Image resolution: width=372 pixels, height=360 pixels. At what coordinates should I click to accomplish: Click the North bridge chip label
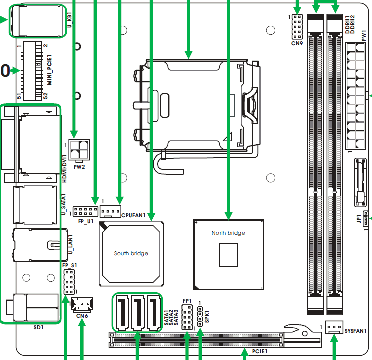[x=228, y=233]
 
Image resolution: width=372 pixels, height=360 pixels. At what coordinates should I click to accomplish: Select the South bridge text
[x=131, y=253]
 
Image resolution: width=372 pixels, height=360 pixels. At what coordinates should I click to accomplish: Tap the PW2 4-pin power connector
[x=79, y=149]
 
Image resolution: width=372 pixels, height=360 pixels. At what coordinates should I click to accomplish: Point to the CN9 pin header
[x=297, y=27]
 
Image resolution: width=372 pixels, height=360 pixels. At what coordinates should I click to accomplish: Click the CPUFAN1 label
[x=133, y=215]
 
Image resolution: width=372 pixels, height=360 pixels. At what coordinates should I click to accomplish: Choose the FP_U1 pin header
[x=85, y=211]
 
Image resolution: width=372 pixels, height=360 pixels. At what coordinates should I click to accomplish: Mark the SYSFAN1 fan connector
[x=334, y=327]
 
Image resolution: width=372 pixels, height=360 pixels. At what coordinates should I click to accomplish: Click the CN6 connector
[x=82, y=305]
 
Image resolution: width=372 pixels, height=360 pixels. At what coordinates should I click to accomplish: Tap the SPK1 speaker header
[x=200, y=317]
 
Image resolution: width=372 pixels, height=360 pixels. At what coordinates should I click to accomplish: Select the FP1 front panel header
[x=187, y=317]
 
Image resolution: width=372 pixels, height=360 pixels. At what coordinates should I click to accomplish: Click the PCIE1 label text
[x=260, y=351]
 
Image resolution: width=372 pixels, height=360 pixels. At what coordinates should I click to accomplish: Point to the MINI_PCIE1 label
[x=49, y=70]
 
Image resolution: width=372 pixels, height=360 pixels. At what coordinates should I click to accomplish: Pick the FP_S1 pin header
[x=69, y=282]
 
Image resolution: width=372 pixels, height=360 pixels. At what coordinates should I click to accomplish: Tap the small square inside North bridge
[x=228, y=255]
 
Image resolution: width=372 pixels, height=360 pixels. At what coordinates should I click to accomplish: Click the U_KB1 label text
[x=69, y=20]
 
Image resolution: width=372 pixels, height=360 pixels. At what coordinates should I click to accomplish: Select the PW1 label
[x=364, y=36]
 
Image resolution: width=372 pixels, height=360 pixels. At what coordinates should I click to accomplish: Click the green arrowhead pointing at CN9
[x=297, y=10]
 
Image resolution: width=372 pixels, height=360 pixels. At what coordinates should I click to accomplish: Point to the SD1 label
[x=38, y=327]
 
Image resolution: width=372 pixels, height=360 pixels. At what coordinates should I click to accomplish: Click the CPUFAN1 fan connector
[x=110, y=211]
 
